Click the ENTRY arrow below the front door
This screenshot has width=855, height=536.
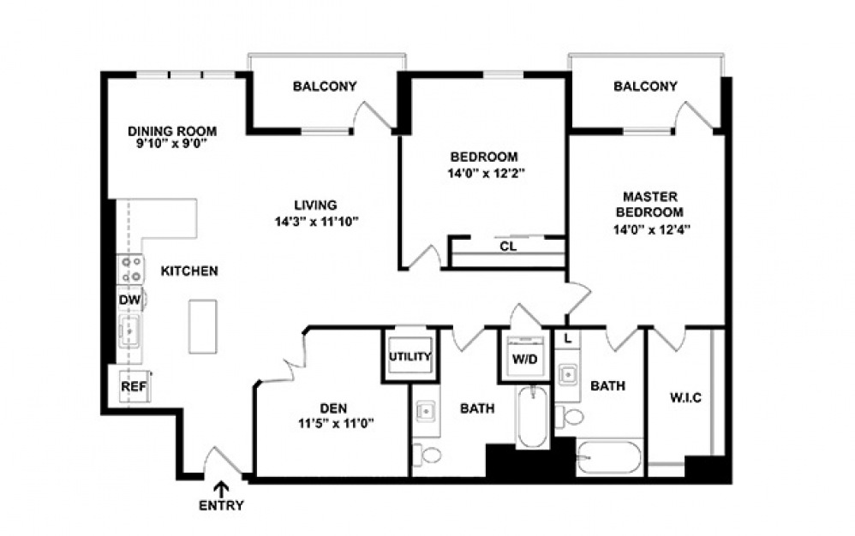point(221,490)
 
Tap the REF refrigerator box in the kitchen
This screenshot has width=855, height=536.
point(133,386)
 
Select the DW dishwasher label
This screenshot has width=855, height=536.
point(129,300)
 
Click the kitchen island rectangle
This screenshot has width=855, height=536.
point(203,325)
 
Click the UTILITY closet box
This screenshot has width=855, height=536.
point(410,356)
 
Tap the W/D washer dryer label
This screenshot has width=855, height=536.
point(523,359)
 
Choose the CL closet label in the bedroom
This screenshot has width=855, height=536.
point(507,247)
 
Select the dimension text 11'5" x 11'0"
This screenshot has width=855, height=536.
point(332,422)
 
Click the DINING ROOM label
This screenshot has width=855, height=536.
point(172,131)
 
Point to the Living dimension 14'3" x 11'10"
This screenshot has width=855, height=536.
point(314,221)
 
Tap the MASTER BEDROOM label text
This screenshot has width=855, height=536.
point(653,204)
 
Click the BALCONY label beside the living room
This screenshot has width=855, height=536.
point(325,86)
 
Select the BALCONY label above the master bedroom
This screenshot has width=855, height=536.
point(645,86)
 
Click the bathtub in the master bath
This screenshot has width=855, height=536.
point(608,458)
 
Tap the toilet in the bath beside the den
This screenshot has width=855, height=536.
point(427,454)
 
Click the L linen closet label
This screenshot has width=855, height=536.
point(567,339)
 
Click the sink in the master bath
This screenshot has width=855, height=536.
point(567,374)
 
